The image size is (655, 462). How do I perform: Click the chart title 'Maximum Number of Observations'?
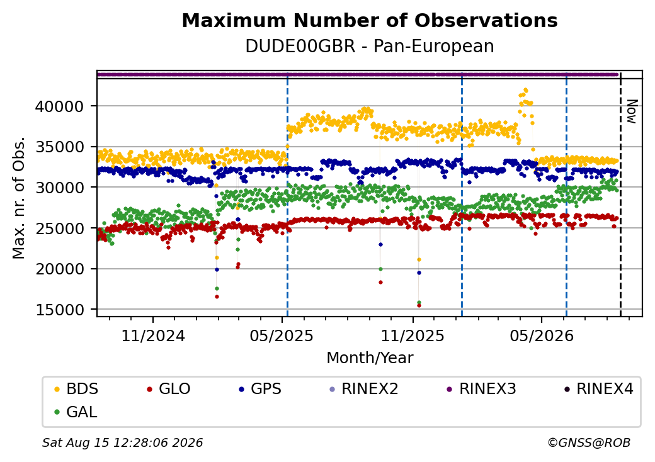(x=370, y=20)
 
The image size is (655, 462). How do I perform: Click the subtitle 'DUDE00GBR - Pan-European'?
(x=370, y=46)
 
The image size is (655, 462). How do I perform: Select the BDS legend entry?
(x=76, y=389)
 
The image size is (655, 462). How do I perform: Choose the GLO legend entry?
(x=169, y=389)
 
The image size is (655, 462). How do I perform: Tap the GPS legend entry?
(x=260, y=389)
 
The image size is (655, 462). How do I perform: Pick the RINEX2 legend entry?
(x=364, y=389)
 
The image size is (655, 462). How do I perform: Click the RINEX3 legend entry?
(x=482, y=389)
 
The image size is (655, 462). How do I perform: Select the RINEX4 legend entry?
(x=598, y=389)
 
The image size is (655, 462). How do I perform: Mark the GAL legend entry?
(x=76, y=412)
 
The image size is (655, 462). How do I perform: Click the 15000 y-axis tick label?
(x=59, y=310)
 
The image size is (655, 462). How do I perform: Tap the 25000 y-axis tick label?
(x=59, y=228)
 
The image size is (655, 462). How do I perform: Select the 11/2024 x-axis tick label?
(x=153, y=335)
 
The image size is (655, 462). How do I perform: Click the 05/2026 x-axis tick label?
(x=542, y=335)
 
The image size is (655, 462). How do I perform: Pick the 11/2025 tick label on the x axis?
(x=413, y=335)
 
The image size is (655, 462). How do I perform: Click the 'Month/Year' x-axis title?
(x=370, y=358)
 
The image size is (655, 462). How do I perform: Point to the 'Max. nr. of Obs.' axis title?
(x=19, y=198)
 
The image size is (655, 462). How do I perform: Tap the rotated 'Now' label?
(x=632, y=111)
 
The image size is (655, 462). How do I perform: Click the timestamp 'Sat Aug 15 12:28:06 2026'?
(x=122, y=442)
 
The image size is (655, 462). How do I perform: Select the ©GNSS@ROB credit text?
(x=589, y=442)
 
